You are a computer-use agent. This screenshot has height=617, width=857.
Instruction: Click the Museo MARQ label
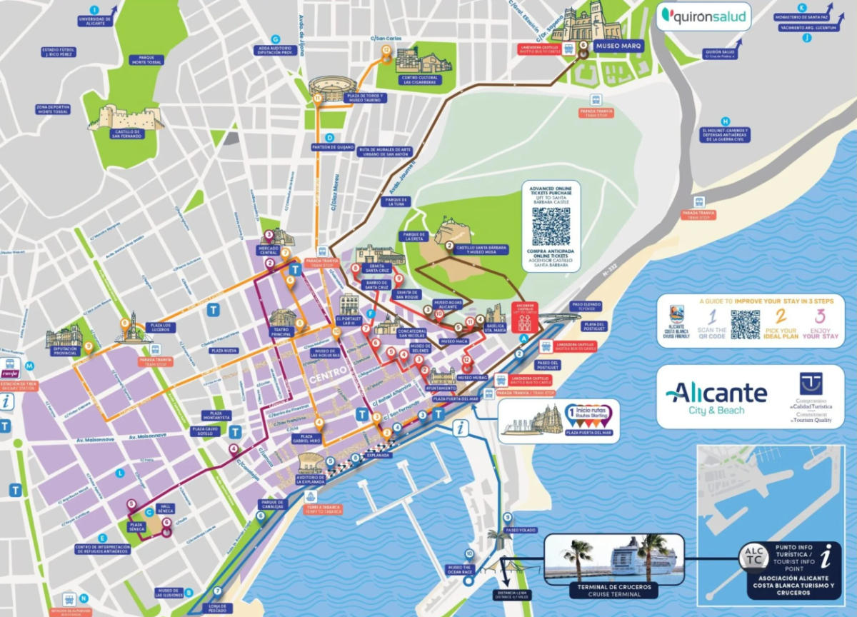[x=618, y=46]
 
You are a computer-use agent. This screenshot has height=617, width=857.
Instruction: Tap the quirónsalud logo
[x=703, y=16]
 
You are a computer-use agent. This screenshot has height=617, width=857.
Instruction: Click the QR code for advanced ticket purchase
[x=551, y=225]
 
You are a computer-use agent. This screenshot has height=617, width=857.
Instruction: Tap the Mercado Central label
[x=269, y=249]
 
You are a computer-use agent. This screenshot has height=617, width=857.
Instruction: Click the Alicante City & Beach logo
[x=716, y=397]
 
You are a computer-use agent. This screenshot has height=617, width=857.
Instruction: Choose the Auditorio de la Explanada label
[x=310, y=478]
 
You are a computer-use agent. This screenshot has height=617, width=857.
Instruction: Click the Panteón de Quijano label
[x=333, y=147]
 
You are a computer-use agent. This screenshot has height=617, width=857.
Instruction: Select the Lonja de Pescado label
[x=219, y=606]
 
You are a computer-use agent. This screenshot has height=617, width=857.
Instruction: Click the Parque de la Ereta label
[x=414, y=237]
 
